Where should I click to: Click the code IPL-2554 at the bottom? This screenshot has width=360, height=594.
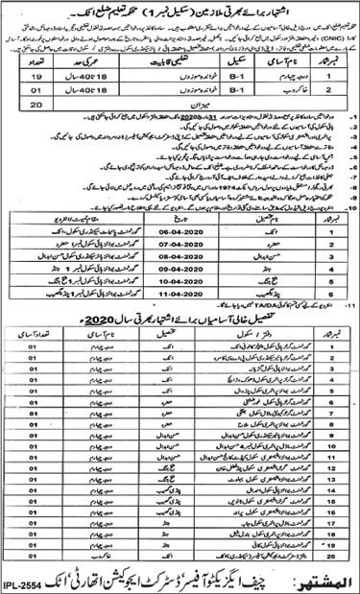29,582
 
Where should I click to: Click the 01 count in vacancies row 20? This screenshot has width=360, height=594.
33,554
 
